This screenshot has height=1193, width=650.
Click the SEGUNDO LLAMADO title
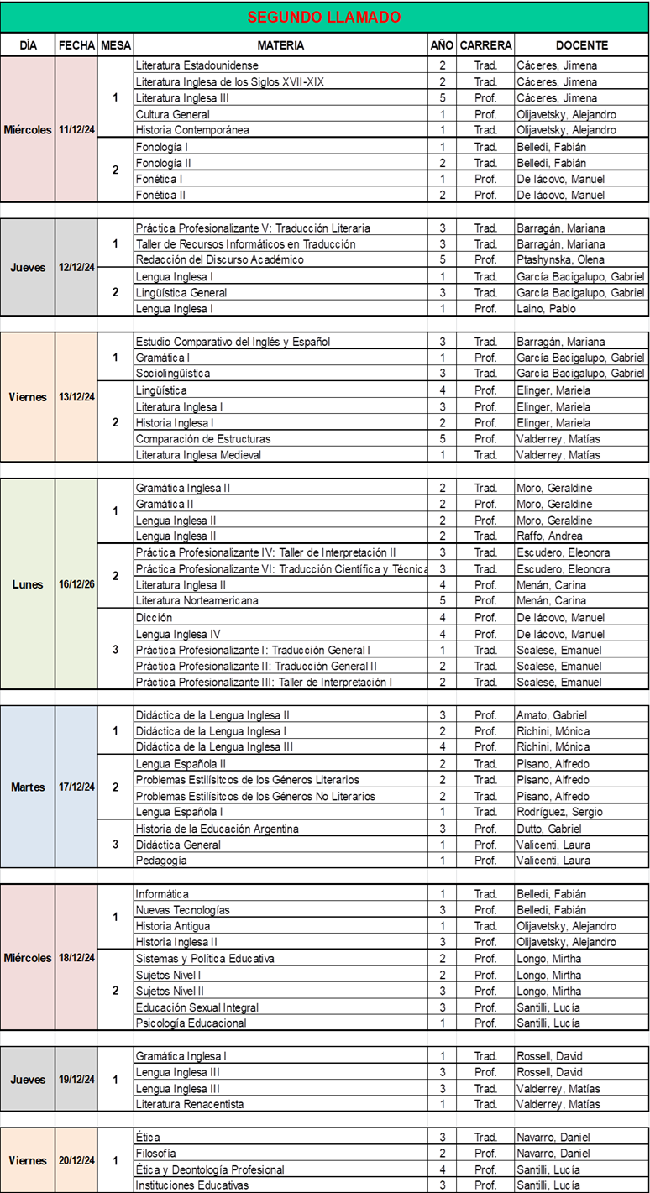(324, 17)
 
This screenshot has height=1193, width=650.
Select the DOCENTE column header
(581, 45)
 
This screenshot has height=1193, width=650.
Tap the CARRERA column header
(485, 45)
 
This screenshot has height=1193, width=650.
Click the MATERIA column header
(280, 45)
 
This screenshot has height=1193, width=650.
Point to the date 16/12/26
(77, 584)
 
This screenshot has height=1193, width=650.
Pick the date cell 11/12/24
(77, 130)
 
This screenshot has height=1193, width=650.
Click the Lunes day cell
(28, 584)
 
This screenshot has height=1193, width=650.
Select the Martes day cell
(28, 787)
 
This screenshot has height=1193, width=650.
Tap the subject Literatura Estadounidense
(197, 65)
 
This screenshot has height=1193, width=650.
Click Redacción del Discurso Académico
(219, 260)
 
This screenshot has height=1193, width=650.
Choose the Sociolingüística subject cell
(173, 374)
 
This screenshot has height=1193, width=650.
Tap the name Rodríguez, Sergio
(555, 813)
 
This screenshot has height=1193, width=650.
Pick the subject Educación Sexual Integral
(197, 1007)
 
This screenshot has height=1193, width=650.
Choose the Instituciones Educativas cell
(191, 1185)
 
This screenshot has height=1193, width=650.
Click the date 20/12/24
(77, 1161)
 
